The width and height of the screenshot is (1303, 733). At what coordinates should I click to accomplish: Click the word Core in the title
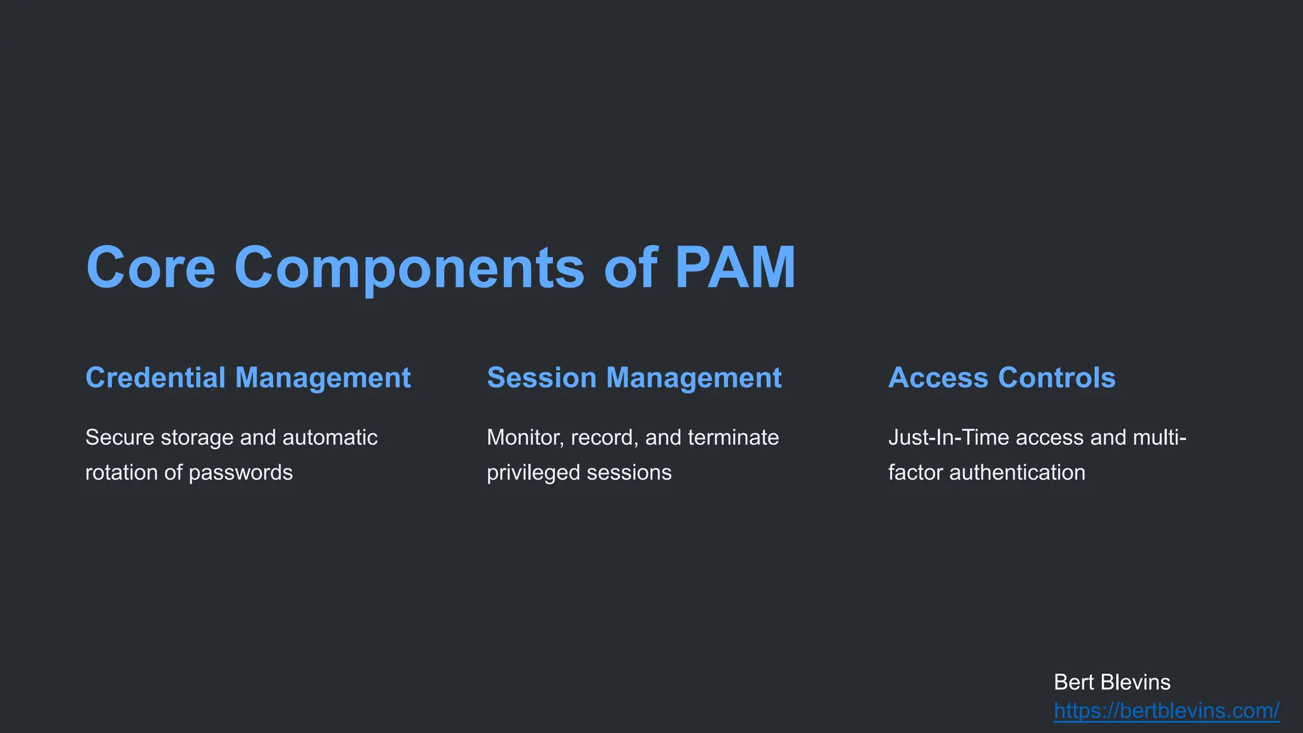pyautogui.click(x=151, y=267)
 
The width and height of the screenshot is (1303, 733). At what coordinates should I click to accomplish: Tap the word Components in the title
pyautogui.click(x=409, y=267)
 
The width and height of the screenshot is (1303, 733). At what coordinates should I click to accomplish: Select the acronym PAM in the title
pyautogui.click(x=734, y=267)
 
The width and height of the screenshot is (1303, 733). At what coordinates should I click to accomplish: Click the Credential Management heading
pyautogui.click(x=248, y=378)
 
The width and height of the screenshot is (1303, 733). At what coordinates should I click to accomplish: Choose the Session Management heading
pyautogui.click(x=634, y=378)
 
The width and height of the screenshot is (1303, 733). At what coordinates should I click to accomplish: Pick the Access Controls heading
pyautogui.click(x=1001, y=378)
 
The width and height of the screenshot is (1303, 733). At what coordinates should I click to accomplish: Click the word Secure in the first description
pyautogui.click(x=120, y=438)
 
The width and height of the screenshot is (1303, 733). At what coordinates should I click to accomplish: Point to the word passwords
pyautogui.click(x=240, y=473)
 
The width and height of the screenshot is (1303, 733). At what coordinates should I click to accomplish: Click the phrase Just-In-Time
pyautogui.click(x=949, y=438)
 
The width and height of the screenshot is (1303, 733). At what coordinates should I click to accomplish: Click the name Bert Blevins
pyautogui.click(x=1111, y=682)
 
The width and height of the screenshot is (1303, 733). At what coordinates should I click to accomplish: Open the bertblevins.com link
pyautogui.click(x=1166, y=711)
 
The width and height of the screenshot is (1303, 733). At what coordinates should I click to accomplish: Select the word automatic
pyautogui.click(x=330, y=438)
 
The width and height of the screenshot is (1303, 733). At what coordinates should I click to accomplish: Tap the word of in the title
pyautogui.click(x=630, y=267)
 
